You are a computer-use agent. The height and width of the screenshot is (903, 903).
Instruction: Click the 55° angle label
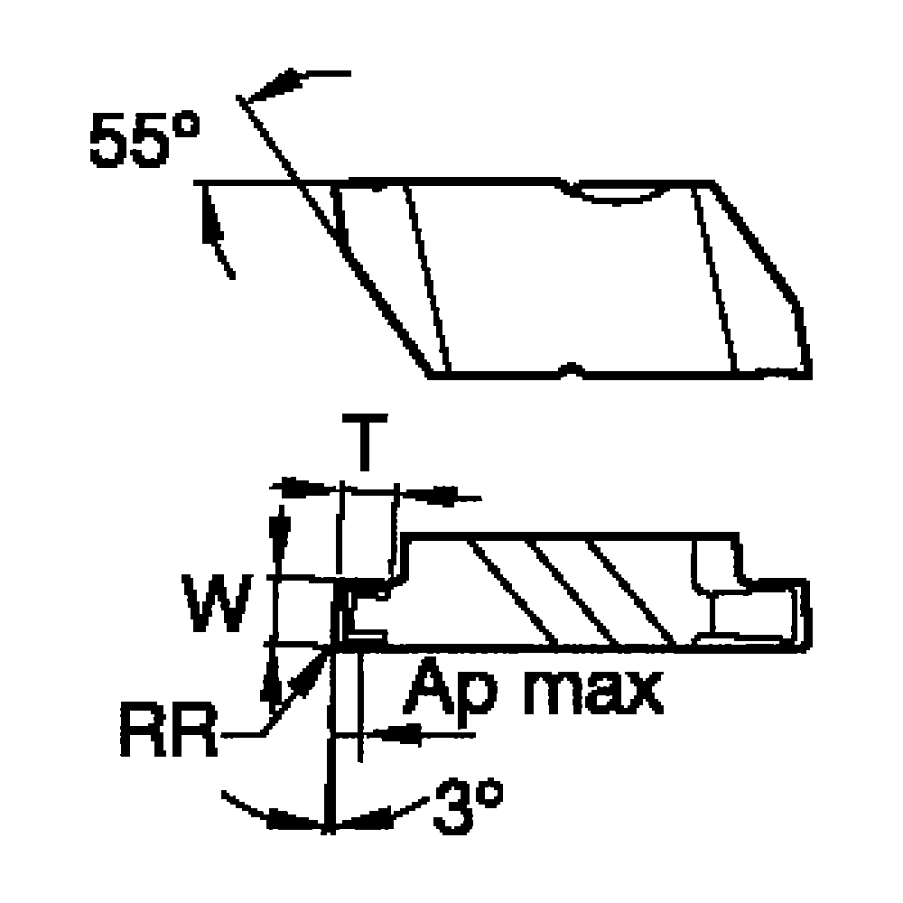144,140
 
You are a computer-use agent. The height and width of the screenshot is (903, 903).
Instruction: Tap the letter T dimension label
365,442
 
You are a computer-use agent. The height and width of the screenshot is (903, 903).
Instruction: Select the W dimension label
217,602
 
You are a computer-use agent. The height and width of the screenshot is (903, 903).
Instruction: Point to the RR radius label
169,729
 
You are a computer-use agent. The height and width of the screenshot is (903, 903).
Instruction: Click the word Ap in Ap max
449,693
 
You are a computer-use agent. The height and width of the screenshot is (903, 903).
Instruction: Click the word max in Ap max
594,694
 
